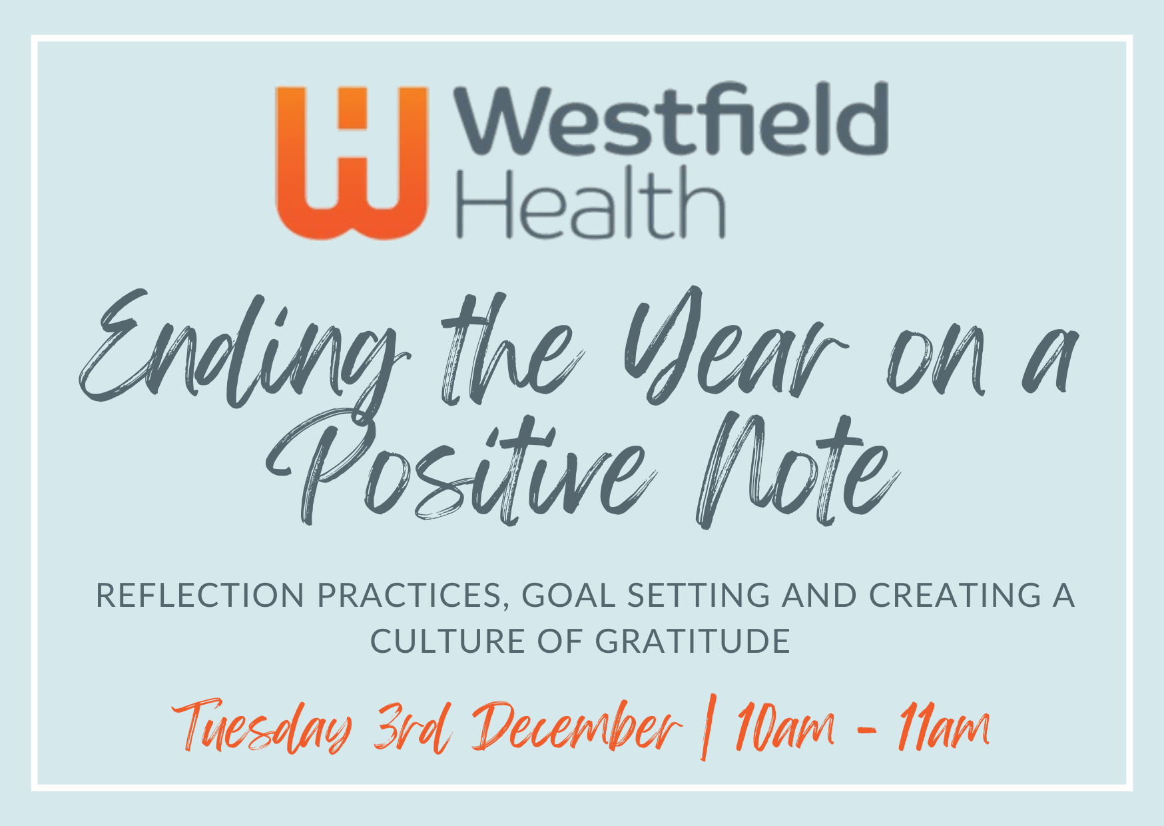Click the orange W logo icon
pos(351,163)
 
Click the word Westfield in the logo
pos(671,119)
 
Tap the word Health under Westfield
pos(590,203)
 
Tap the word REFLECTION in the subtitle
pos(200,596)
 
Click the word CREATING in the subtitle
pos(956,596)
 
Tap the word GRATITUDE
pos(693,641)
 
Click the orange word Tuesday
pos(262,726)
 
